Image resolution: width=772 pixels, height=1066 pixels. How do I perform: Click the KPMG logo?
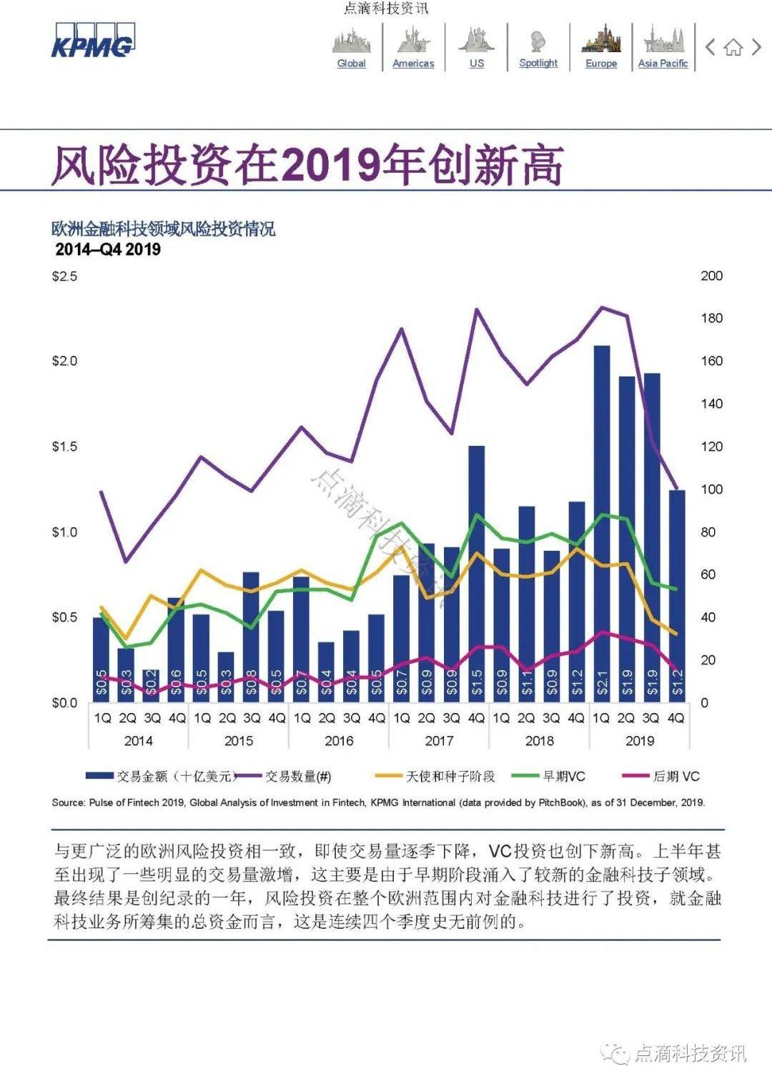pos(92,41)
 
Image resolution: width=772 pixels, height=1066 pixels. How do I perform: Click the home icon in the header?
pos(733,48)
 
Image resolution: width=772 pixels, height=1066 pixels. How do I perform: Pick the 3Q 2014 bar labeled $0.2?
pos(151,686)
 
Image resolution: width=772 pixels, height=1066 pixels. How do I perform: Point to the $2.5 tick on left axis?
pos(64,276)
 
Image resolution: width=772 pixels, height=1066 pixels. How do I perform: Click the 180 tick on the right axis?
pos(711,318)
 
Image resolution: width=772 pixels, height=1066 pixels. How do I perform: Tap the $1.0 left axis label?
pos(64,532)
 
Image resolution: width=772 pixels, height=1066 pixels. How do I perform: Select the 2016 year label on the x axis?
pos(339,741)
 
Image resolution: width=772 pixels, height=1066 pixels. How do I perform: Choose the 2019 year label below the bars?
pos(639,741)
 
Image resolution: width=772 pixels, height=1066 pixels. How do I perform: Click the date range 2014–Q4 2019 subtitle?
pos(108,249)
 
